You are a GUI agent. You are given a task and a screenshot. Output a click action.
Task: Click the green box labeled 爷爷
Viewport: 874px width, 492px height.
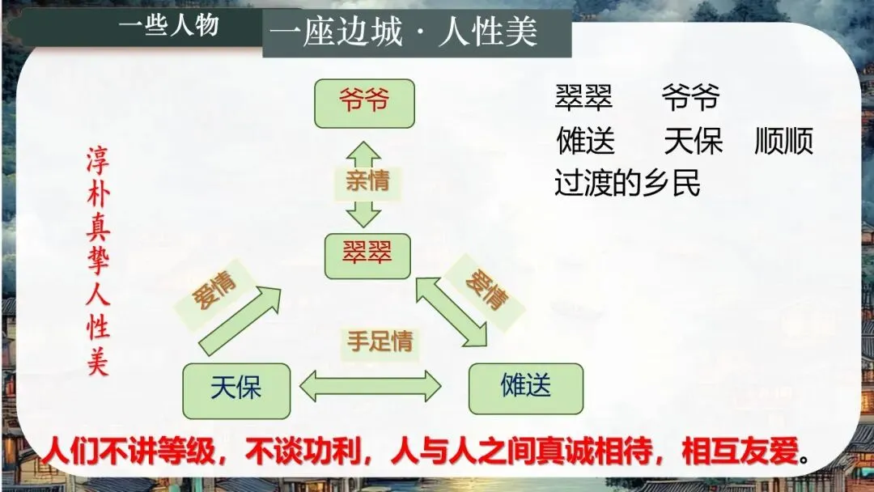click(364, 103)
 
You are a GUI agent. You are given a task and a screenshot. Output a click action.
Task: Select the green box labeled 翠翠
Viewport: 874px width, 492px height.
click(367, 256)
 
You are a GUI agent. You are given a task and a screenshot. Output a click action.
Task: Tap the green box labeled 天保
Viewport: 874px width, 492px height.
click(236, 391)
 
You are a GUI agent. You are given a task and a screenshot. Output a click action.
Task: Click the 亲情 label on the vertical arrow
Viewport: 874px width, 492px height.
click(367, 181)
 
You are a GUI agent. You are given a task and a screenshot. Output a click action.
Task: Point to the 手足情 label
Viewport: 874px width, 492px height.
click(380, 341)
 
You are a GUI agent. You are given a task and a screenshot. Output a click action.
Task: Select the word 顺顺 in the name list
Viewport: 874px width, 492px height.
click(783, 142)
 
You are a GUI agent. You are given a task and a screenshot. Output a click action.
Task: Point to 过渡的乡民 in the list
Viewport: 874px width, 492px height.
click(627, 184)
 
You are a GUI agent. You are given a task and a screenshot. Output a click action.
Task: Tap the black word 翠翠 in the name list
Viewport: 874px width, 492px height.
click(583, 99)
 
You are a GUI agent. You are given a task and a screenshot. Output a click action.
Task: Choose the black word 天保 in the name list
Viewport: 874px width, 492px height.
click(693, 142)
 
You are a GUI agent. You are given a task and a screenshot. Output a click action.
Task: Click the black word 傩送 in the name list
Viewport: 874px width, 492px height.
click(586, 142)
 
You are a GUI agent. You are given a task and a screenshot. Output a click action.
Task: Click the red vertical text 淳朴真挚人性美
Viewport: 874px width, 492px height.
click(98, 261)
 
